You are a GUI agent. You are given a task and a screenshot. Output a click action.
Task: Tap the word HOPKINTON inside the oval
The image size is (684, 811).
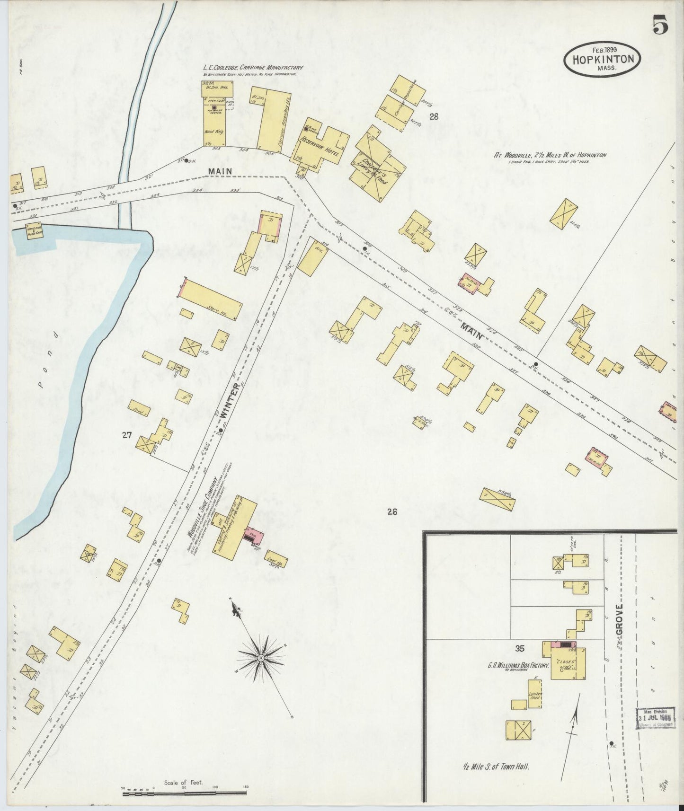(x=602, y=60)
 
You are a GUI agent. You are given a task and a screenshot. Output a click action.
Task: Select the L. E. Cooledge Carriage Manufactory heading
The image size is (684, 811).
(x=253, y=68)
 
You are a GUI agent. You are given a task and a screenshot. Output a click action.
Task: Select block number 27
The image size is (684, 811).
(x=126, y=435)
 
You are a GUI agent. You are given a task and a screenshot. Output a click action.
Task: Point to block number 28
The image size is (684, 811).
(x=433, y=116)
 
